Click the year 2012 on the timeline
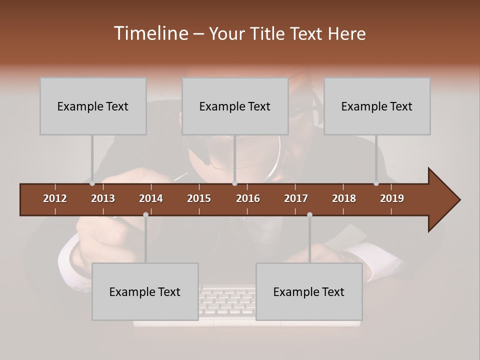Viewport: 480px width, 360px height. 55,198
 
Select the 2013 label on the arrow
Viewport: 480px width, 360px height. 103,198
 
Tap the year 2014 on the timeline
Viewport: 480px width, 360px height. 151,198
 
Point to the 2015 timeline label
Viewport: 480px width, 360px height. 199,198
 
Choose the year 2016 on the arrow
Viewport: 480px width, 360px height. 248,198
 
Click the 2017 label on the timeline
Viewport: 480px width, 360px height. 296,198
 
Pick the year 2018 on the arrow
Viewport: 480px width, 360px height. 344,198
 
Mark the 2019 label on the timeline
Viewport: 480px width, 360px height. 392,198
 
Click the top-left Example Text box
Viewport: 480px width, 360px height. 93,106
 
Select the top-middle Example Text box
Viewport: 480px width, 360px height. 235,106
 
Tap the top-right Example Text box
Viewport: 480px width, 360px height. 377,106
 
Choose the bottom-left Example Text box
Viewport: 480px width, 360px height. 145,291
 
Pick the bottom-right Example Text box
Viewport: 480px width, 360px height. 309,291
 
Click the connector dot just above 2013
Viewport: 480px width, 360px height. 92,183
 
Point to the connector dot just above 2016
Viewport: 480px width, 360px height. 234,183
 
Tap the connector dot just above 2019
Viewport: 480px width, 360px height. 376,183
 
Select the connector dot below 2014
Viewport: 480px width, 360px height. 145,214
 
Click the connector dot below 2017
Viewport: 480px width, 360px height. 309,214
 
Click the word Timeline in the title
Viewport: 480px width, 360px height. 150,33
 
